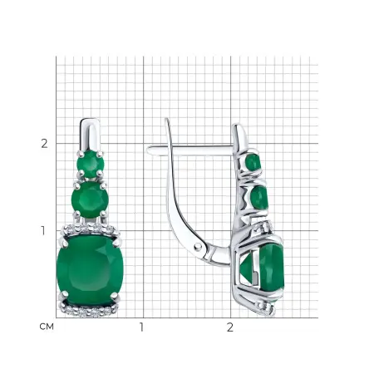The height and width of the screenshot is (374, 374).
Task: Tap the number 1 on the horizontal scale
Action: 142,327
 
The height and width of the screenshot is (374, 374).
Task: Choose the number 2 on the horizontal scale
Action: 230,327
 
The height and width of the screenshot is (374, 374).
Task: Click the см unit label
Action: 47,327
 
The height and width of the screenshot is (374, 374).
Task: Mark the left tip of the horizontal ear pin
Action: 150,150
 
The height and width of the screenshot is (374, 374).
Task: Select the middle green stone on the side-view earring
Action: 258,198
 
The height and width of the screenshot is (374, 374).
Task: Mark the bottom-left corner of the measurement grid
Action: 57,317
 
